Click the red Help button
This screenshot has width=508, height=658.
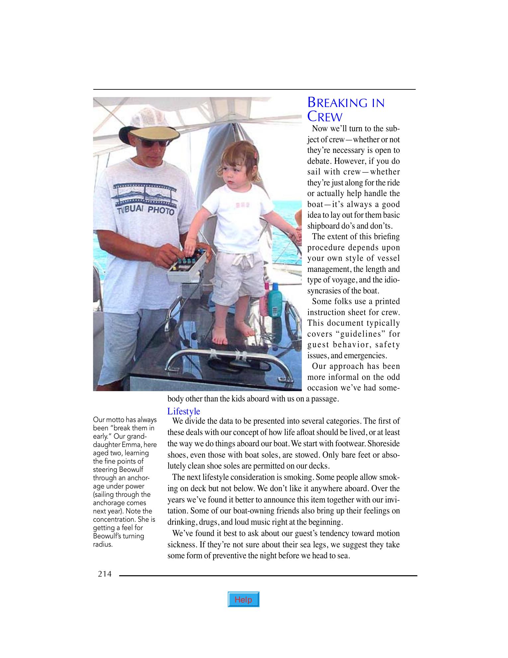243,600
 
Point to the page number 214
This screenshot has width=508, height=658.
105,574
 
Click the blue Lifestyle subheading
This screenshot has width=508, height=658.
184,411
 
